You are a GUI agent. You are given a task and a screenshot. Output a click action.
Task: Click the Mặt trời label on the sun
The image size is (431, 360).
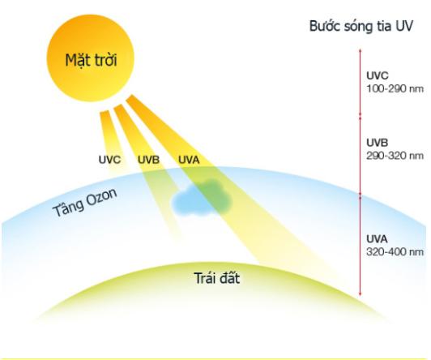92,60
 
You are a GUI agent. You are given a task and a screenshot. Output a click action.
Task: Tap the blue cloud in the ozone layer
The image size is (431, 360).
202,197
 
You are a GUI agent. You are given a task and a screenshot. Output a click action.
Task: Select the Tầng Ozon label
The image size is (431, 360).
84,202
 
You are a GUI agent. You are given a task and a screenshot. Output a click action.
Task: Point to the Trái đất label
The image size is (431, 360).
217,278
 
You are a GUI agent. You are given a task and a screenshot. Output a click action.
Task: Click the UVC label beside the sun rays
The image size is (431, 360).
109,160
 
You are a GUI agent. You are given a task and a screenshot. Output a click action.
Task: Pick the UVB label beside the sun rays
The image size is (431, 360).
148,160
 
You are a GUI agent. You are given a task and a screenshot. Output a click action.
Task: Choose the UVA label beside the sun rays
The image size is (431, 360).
189,160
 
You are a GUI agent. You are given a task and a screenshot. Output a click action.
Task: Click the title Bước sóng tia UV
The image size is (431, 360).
361,26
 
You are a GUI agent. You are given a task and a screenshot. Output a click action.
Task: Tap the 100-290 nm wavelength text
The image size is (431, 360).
395,89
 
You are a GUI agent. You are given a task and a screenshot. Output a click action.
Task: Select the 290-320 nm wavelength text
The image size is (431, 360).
395,156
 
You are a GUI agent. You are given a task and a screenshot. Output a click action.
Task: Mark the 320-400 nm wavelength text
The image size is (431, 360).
395,252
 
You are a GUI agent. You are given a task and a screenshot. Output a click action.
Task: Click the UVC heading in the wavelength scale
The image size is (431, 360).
378,75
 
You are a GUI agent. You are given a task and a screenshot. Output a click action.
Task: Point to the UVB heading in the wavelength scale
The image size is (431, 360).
378,143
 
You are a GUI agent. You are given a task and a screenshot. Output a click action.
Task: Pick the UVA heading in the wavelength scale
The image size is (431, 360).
377,238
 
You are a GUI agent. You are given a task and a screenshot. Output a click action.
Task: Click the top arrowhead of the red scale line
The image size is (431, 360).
361,50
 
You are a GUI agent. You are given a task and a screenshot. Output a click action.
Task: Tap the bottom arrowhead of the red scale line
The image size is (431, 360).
361,294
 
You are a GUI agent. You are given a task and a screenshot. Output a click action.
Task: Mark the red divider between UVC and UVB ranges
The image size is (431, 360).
361,116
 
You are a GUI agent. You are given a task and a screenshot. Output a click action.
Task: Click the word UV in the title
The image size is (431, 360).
404,26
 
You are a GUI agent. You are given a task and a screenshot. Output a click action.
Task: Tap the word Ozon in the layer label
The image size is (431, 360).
102,197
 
